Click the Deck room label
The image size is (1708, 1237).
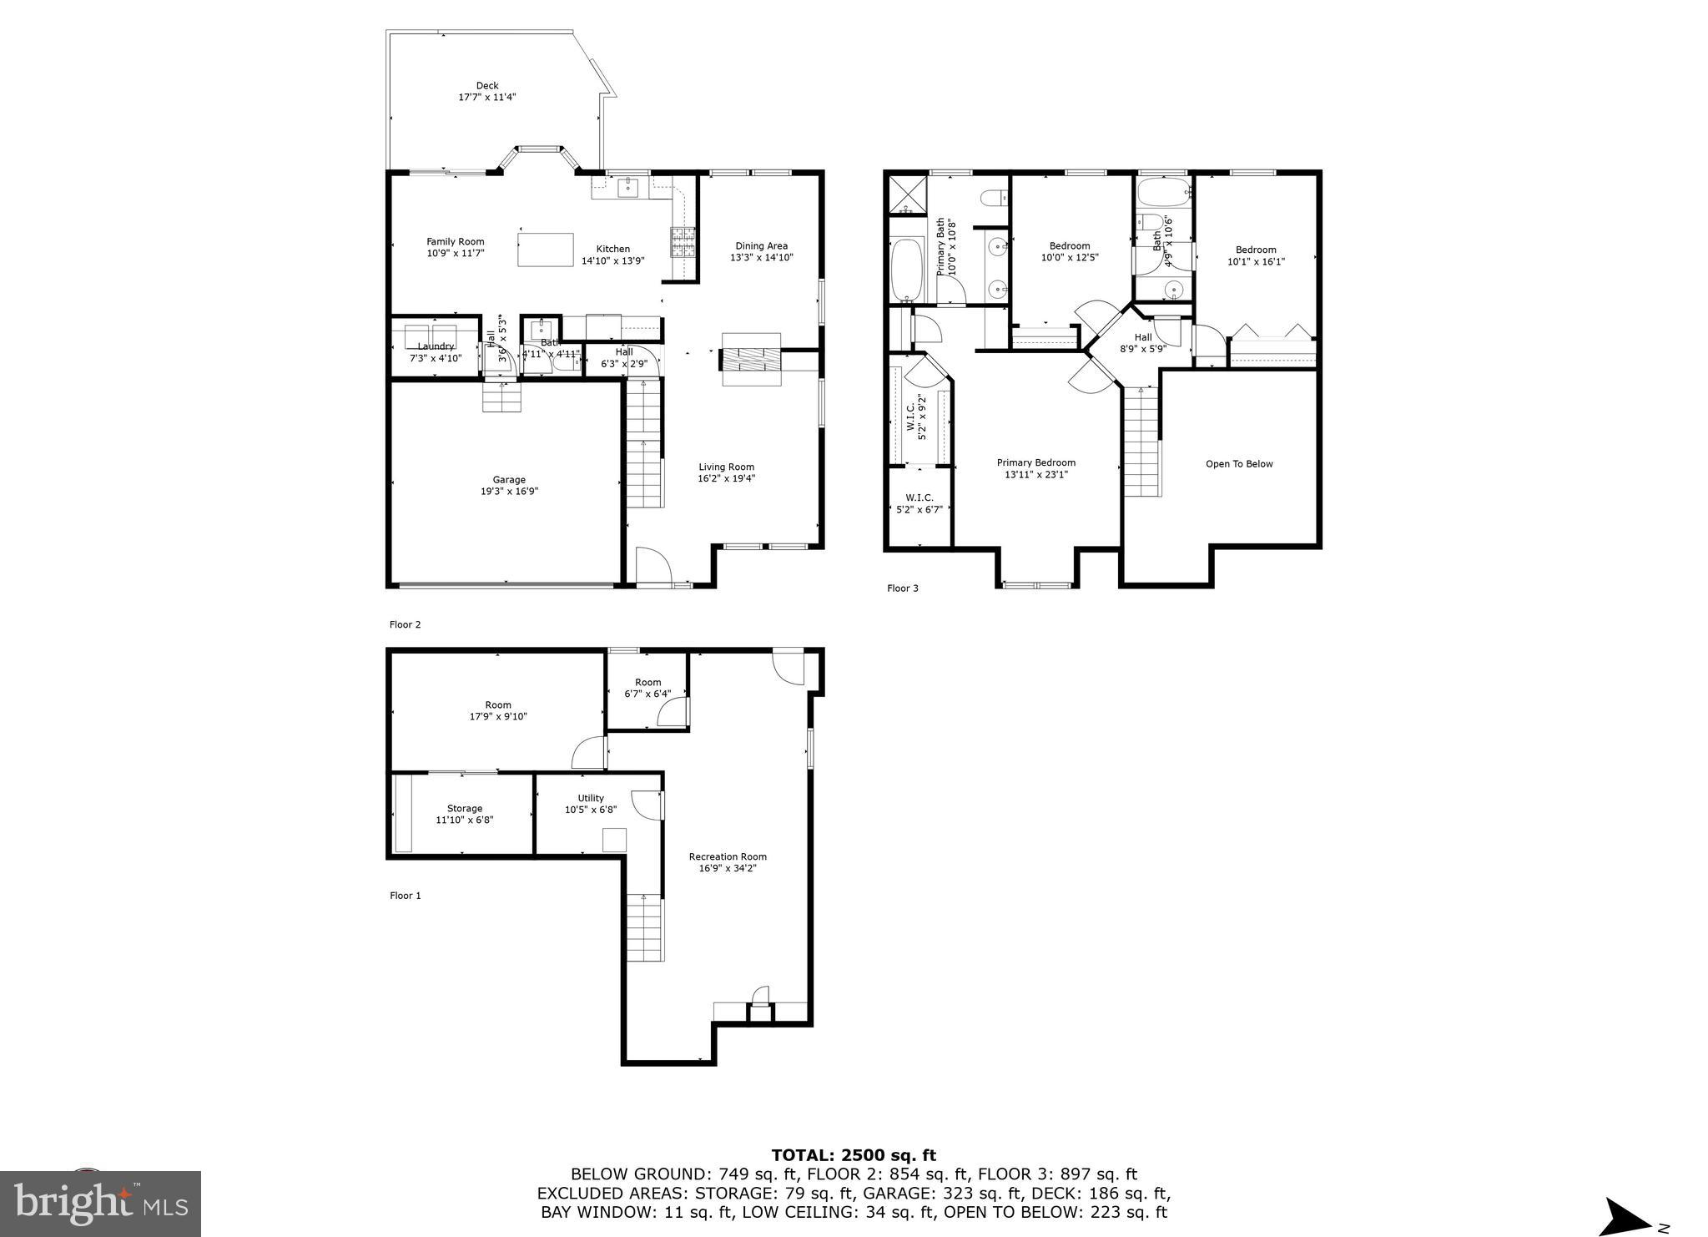(487, 85)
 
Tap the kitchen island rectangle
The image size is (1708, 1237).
(546, 250)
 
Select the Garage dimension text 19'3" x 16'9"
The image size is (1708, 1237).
(509, 492)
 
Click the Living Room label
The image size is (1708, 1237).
(726, 467)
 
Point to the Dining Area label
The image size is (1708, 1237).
(761, 245)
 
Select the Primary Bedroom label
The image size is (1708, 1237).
(1035, 462)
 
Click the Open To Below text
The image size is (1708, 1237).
(1239, 464)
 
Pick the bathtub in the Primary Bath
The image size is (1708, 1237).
(907, 270)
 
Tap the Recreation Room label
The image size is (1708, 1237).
(728, 856)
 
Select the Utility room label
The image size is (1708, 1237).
(591, 798)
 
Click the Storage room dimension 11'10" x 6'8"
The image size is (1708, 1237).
(465, 820)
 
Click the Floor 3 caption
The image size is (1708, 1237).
(902, 588)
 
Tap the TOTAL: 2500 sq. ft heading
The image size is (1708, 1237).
(854, 1155)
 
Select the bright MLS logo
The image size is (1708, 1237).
(101, 1203)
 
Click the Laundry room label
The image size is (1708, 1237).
(436, 346)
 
